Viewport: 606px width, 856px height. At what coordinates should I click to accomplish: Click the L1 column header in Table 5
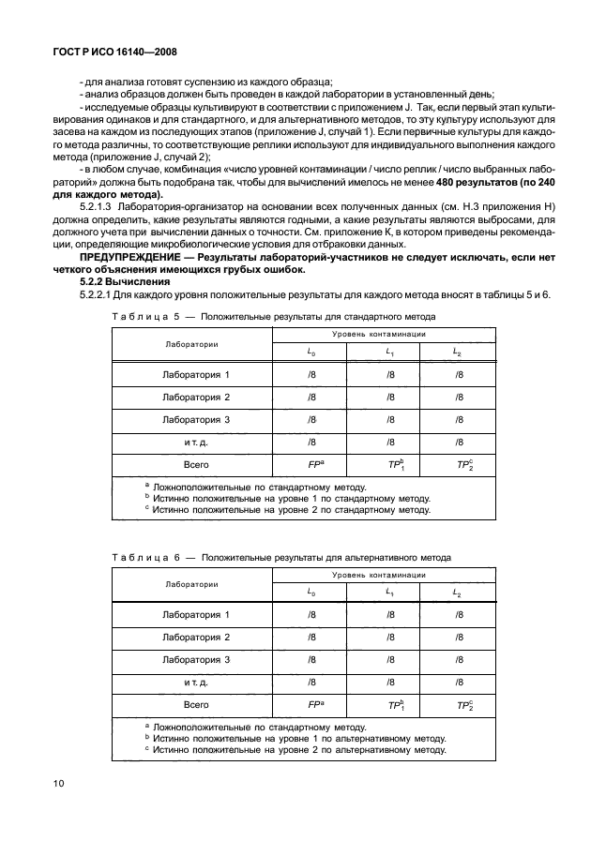click(389, 353)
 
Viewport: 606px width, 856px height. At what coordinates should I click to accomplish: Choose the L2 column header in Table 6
click(458, 593)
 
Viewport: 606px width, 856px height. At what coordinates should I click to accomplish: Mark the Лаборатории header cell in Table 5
click(191, 343)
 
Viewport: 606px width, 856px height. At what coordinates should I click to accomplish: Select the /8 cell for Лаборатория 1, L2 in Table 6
click(460, 614)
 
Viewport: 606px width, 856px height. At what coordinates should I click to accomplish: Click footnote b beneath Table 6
click(291, 738)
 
